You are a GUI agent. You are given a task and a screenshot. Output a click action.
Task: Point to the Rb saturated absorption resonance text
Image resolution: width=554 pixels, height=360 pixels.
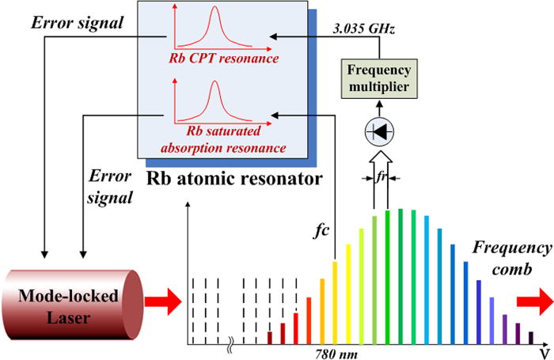pos(215,138)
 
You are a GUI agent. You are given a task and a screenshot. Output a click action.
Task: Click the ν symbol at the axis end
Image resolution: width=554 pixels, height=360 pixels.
pos(545,351)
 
